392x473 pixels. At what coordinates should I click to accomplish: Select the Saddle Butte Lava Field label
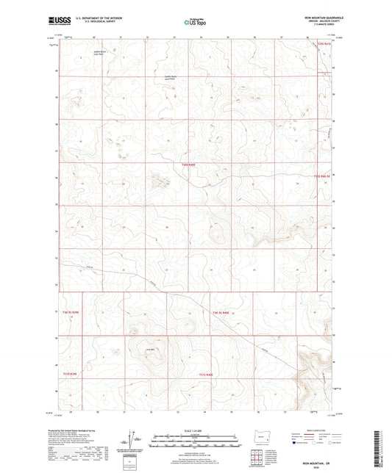pyautogui.click(x=171, y=79)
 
